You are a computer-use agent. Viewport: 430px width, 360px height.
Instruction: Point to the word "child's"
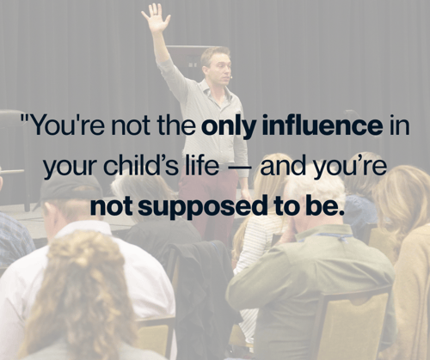tap(141, 166)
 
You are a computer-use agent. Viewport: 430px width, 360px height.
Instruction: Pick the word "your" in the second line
tap(70, 168)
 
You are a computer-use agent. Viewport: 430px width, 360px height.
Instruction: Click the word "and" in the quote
tap(283, 166)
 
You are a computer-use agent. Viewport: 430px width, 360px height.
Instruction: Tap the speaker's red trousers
tap(208, 200)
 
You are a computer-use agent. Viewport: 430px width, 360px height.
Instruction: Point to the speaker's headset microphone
tap(230, 76)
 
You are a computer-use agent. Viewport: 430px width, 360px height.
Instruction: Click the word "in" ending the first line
tap(399, 125)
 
